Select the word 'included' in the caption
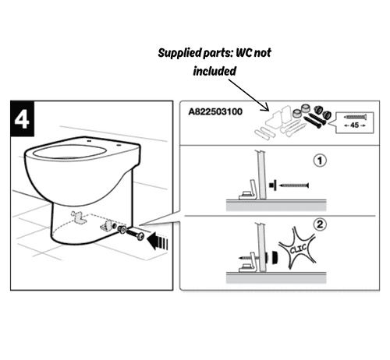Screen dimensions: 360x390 [x=214, y=70]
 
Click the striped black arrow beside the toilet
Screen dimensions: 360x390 [x=160, y=238]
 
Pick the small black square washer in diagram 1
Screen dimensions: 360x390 [x=272, y=185]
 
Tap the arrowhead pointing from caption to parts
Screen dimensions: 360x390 [x=269, y=109]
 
